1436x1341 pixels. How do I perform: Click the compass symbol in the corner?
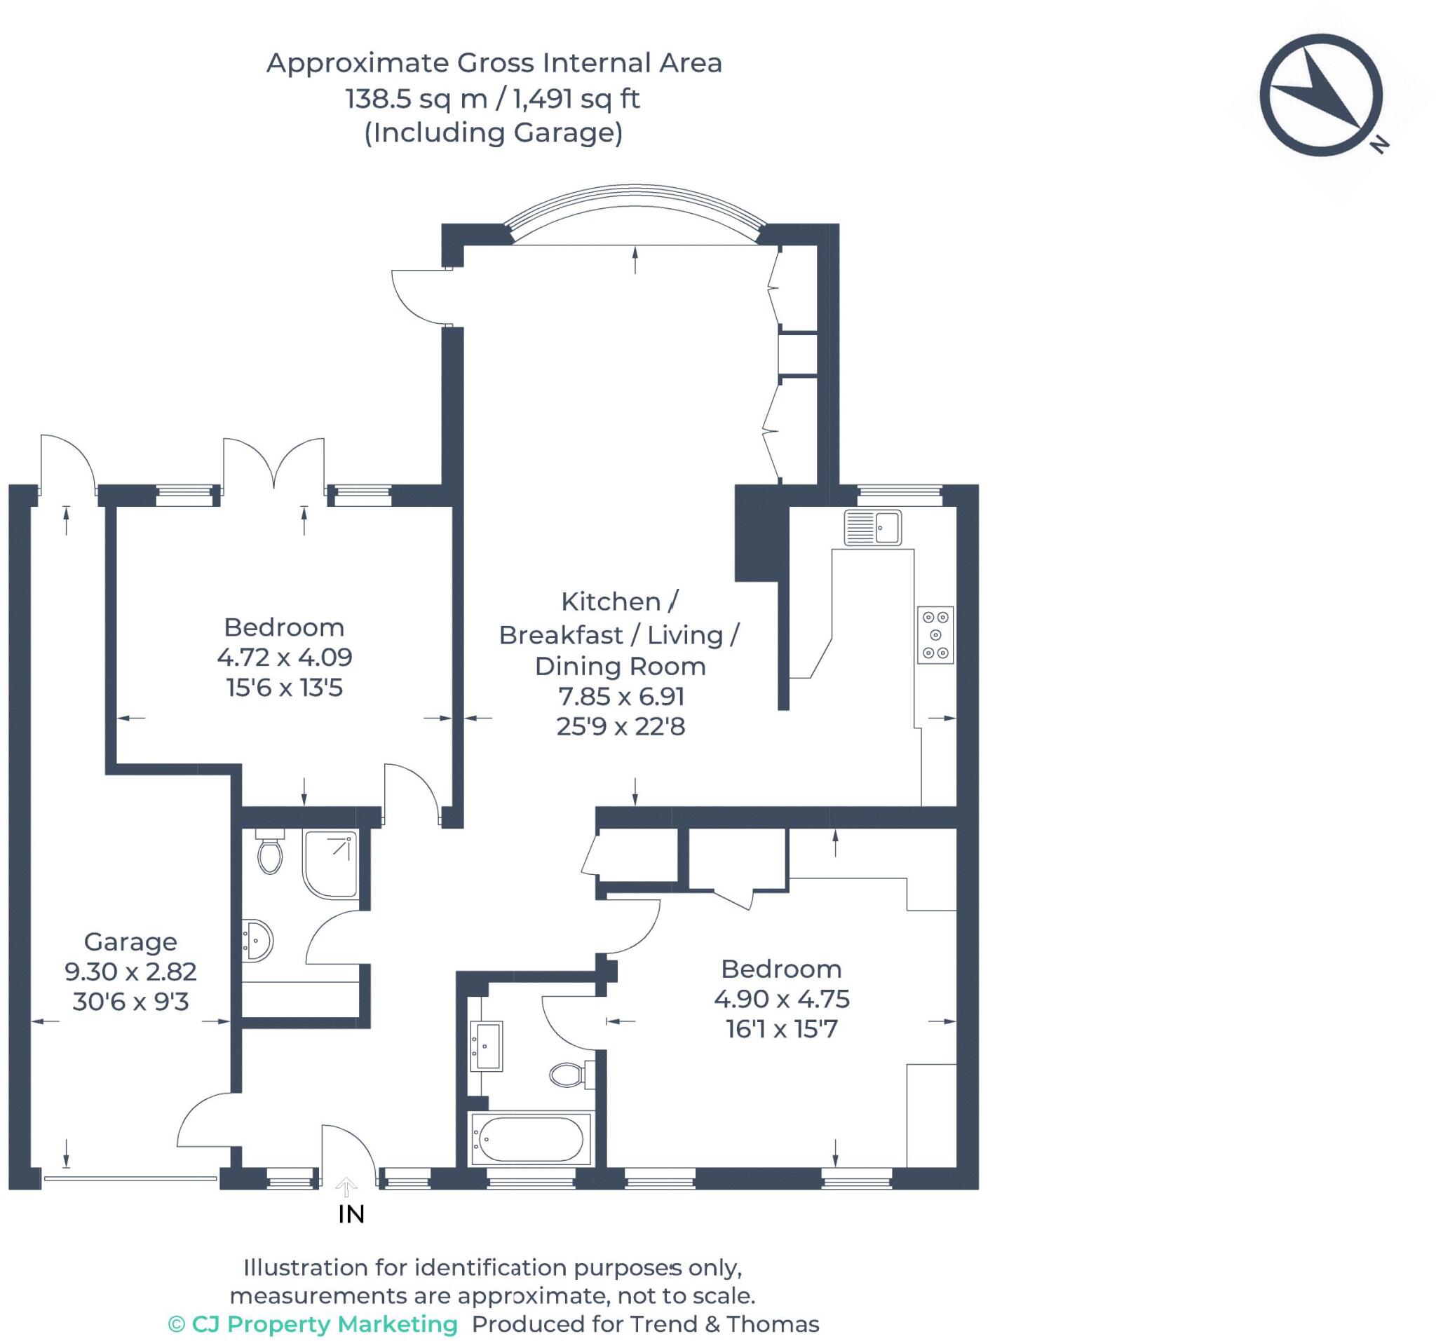pos(1321,95)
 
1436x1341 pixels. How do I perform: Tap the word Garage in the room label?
pos(130,941)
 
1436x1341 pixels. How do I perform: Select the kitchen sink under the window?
pos(872,527)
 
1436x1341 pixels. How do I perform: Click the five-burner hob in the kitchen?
pos(935,635)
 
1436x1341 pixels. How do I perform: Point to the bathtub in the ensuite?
pos(531,1139)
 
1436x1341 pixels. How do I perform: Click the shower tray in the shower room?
pos(331,864)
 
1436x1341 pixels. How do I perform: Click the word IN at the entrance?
pos(351,1215)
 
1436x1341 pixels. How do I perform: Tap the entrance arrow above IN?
pos(346,1187)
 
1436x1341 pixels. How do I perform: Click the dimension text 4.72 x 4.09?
pos(285,657)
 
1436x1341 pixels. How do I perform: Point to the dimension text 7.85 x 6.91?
pos(621,696)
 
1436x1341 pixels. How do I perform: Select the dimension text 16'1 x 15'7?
pos(782,1028)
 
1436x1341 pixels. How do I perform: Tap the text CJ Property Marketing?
pos(325,1323)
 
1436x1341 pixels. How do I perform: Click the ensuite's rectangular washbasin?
pos(486,1046)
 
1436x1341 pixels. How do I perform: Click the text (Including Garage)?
pos(494,133)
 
